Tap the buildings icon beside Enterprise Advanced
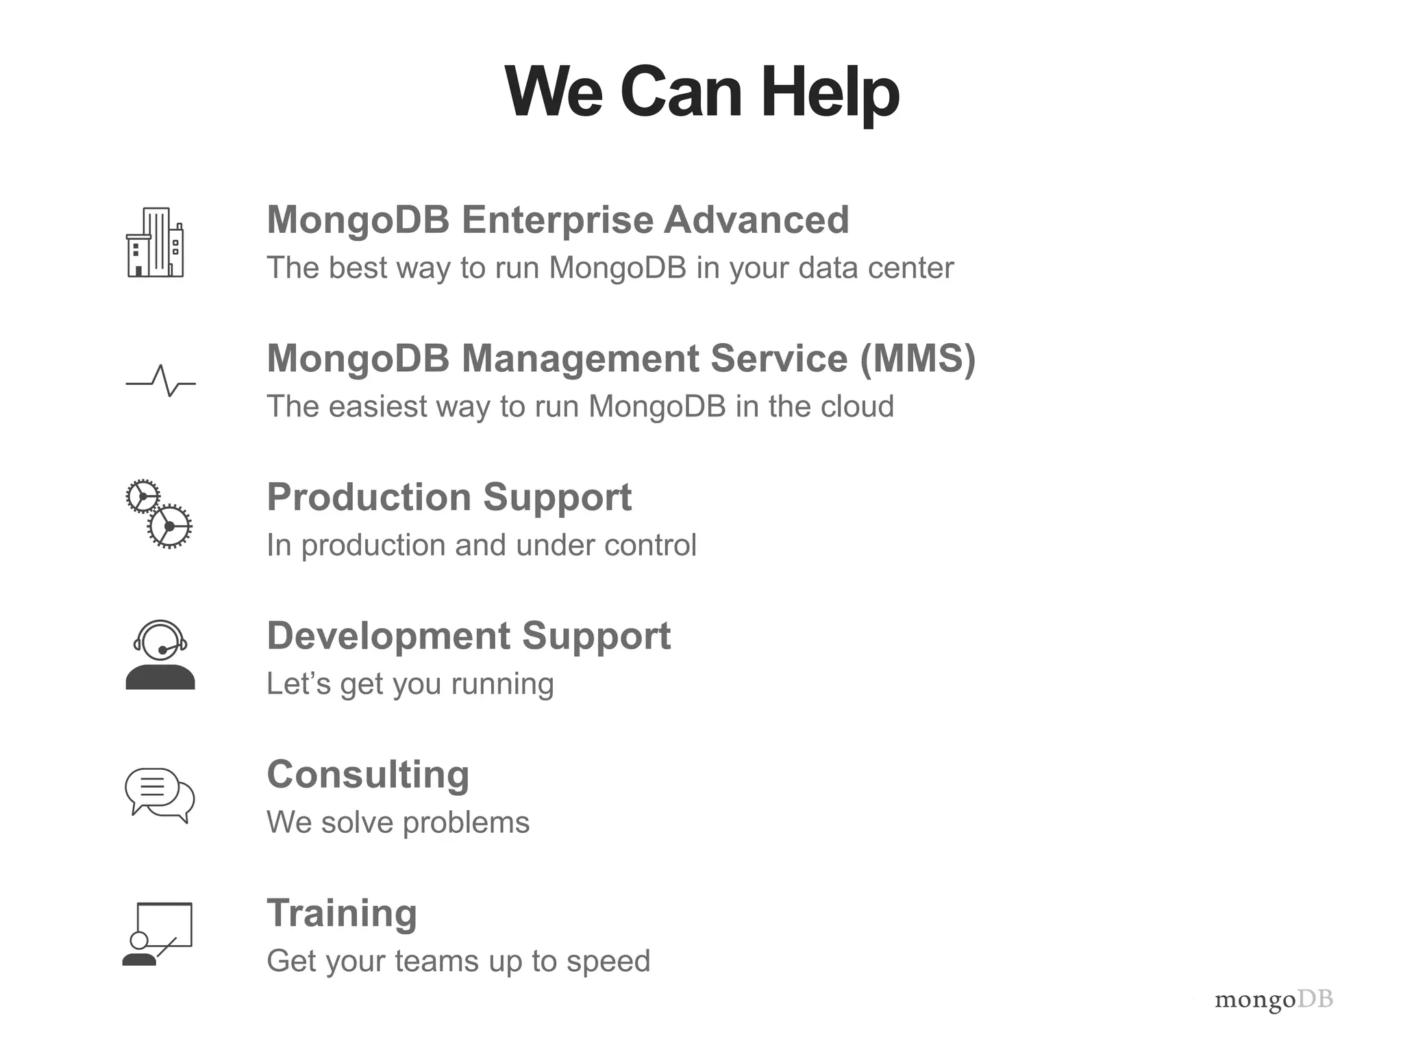[x=156, y=242]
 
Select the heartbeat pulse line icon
[x=161, y=381]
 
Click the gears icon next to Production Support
[x=160, y=514]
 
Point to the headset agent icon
[x=160, y=655]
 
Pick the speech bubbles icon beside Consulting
[x=160, y=795]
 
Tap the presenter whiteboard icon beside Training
[x=158, y=934]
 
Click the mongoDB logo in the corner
[x=1274, y=1000]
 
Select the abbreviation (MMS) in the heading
[x=918, y=358]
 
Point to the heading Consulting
[x=368, y=775]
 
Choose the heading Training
[x=342, y=913]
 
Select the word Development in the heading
[x=388, y=636]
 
